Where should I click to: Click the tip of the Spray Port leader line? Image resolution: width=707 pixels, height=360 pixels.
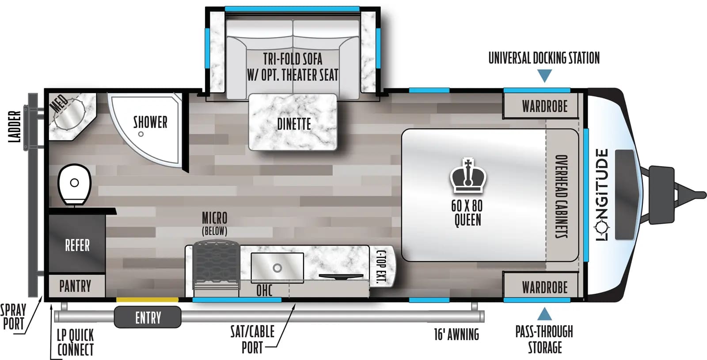click(x=42, y=296)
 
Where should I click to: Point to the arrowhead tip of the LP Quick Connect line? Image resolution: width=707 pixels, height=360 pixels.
click(x=51, y=304)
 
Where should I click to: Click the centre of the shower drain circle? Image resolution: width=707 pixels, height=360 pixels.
click(x=141, y=134)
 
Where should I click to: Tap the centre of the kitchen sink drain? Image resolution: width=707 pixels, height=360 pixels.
click(x=277, y=268)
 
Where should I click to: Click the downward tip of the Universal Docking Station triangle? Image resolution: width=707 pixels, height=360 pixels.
click(x=544, y=82)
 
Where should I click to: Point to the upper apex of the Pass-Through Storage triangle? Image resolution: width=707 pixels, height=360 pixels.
click(x=544, y=307)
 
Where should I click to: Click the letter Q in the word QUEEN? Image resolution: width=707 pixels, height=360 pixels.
click(x=457, y=220)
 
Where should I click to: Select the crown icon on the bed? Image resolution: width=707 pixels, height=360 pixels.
click(x=468, y=175)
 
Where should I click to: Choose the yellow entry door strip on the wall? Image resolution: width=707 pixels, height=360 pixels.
click(x=148, y=299)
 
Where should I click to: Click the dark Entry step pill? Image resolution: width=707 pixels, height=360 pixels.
click(x=148, y=317)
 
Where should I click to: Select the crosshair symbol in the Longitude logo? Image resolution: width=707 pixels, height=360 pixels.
click(x=602, y=226)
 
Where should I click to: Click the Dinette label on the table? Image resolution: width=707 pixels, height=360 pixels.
click(x=294, y=124)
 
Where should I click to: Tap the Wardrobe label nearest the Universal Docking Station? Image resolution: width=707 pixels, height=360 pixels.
click(x=545, y=106)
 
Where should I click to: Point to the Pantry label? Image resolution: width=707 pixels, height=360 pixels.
click(x=75, y=286)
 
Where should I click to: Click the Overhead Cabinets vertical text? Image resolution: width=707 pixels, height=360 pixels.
click(x=562, y=196)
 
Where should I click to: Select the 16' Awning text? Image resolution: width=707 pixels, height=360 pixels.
click(x=456, y=334)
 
